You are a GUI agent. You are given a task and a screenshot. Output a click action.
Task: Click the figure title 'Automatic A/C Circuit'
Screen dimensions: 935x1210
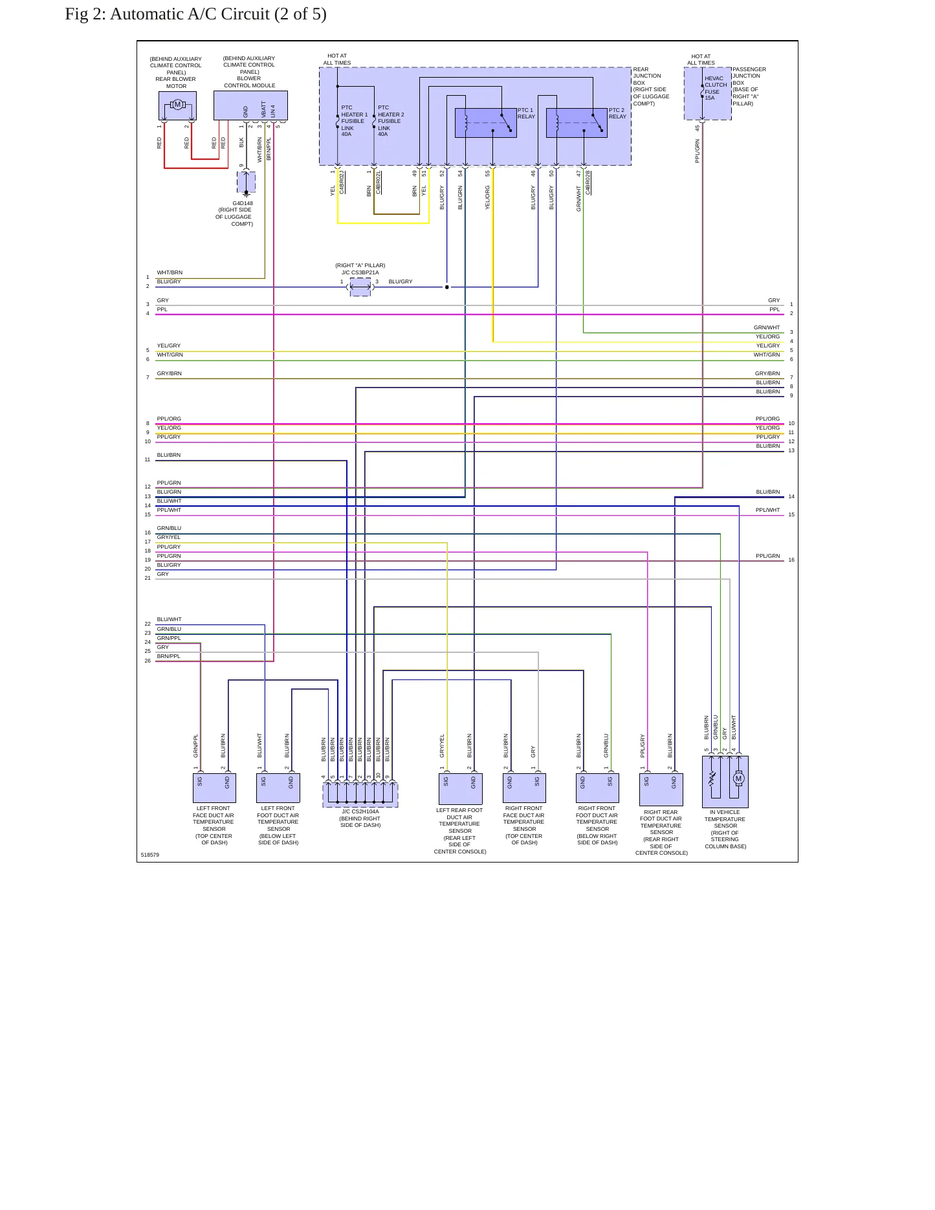point(190,14)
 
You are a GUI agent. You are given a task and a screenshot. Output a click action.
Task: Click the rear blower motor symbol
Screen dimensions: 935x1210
point(177,105)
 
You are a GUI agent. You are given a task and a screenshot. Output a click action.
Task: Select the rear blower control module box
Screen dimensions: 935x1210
point(250,105)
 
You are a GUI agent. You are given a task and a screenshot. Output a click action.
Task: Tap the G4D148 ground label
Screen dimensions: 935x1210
point(243,203)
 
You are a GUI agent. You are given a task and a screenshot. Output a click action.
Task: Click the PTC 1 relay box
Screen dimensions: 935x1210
point(486,123)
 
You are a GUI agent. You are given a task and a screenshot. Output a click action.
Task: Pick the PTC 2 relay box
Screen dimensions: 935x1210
point(577,123)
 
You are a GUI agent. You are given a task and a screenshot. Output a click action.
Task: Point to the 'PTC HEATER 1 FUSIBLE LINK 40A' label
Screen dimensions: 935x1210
point(354,121)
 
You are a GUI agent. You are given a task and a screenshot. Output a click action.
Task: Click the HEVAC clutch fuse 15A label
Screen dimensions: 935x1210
point(716,88)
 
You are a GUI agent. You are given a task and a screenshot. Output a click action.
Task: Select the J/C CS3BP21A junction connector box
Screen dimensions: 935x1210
point(360,287)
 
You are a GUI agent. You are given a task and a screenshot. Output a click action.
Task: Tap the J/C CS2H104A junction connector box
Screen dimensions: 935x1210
point(360,795)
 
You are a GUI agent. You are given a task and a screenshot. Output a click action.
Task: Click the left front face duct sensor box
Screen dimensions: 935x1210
point(214,788)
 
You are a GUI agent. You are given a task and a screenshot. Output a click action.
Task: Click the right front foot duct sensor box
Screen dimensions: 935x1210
point(597,788)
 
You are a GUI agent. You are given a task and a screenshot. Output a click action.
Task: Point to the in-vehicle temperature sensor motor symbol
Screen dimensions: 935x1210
point(738,778)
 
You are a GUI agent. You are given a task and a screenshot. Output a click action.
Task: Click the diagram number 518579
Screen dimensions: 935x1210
point(150,855)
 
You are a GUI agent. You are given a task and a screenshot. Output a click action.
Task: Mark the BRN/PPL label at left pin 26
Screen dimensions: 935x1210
point(169,656)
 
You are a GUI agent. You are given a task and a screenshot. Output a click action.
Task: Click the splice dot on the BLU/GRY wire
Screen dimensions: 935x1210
point(446,287)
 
